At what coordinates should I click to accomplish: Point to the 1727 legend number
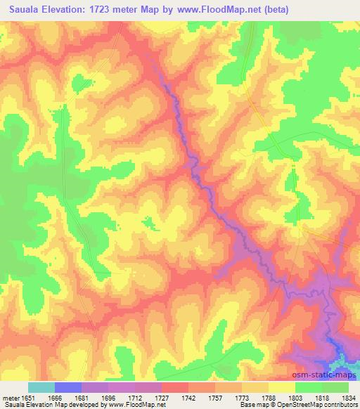(162, 397)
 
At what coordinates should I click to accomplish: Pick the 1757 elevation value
(215, 397)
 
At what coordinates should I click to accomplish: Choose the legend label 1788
(269, 397)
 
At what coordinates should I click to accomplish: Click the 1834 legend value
(349, 397)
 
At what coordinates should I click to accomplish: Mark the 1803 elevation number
(295, 397)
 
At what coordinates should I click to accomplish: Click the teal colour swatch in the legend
(41, 387)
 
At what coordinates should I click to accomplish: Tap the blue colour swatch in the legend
(68, 387)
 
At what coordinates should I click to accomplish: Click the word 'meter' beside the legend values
(9, 397)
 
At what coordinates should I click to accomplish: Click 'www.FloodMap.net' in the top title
(219, 11)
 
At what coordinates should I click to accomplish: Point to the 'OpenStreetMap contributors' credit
(324, 405)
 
